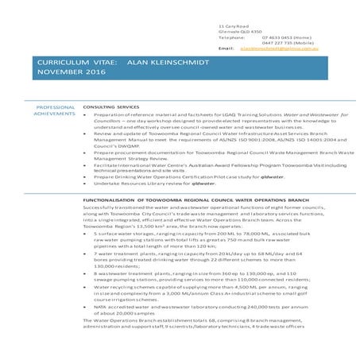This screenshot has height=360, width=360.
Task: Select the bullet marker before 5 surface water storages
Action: pos(87,234)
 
